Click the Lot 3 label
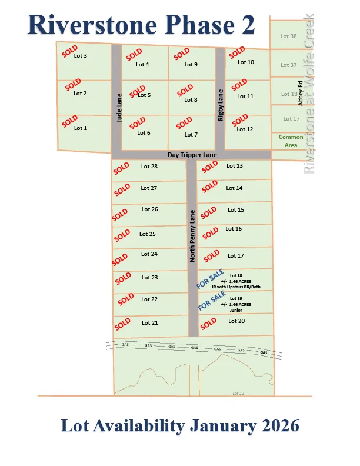tap(81, 56)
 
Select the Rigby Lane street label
tap(221, 105)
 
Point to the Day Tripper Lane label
tap(192, 155)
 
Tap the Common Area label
tap(291, 141)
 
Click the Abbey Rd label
tap(300, 92)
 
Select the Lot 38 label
tap(289, 36)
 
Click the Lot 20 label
tap(236, 321)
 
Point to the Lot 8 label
tap(191, 100)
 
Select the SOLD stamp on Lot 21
tap(122, 324)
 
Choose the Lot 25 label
tap(148, 234)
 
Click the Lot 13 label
tap(235, 166)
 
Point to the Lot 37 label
tap(289, 65)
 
